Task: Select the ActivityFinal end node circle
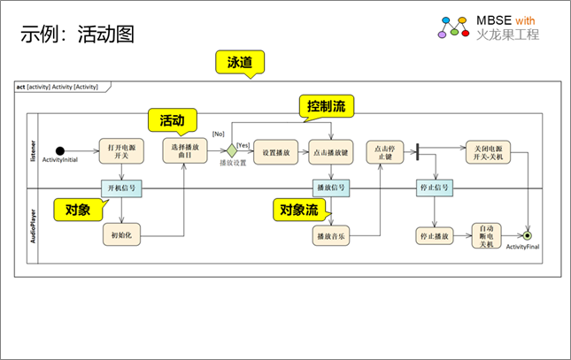tap(528, 236)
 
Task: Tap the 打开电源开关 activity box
tap(118, 149)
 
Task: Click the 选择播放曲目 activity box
tap(182, 149)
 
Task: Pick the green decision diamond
tap(232, 150)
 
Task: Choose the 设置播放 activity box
tap(276, 151)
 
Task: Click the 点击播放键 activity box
tap(331, 151)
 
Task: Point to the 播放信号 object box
tap(331, 188)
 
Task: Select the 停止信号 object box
tap(435, 188)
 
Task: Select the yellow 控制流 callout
tap(325, 106)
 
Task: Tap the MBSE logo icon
tap(454, 27)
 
